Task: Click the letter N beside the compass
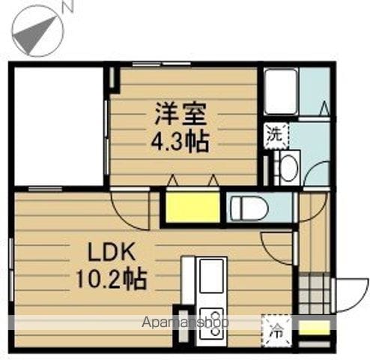[x=67, y=6]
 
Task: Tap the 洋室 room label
[x=181, y=113]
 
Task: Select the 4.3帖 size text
[x=180, y=142]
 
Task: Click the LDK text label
[x=111, y=252]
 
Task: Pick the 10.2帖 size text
[x=111, y=278]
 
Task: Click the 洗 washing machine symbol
[x=276, y=135]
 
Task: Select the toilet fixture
[x=249, y=207]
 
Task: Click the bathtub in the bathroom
[x=281, y=91]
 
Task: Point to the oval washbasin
[x=289, y=167]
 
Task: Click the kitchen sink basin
[x=211, y=276]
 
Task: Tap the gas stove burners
[x=212, y=324]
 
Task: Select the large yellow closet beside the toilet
[x=192, y=207]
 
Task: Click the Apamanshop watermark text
[x=185, y=322]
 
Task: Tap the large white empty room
[x=59, y=126]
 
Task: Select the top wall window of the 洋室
[x=162, y=64]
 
